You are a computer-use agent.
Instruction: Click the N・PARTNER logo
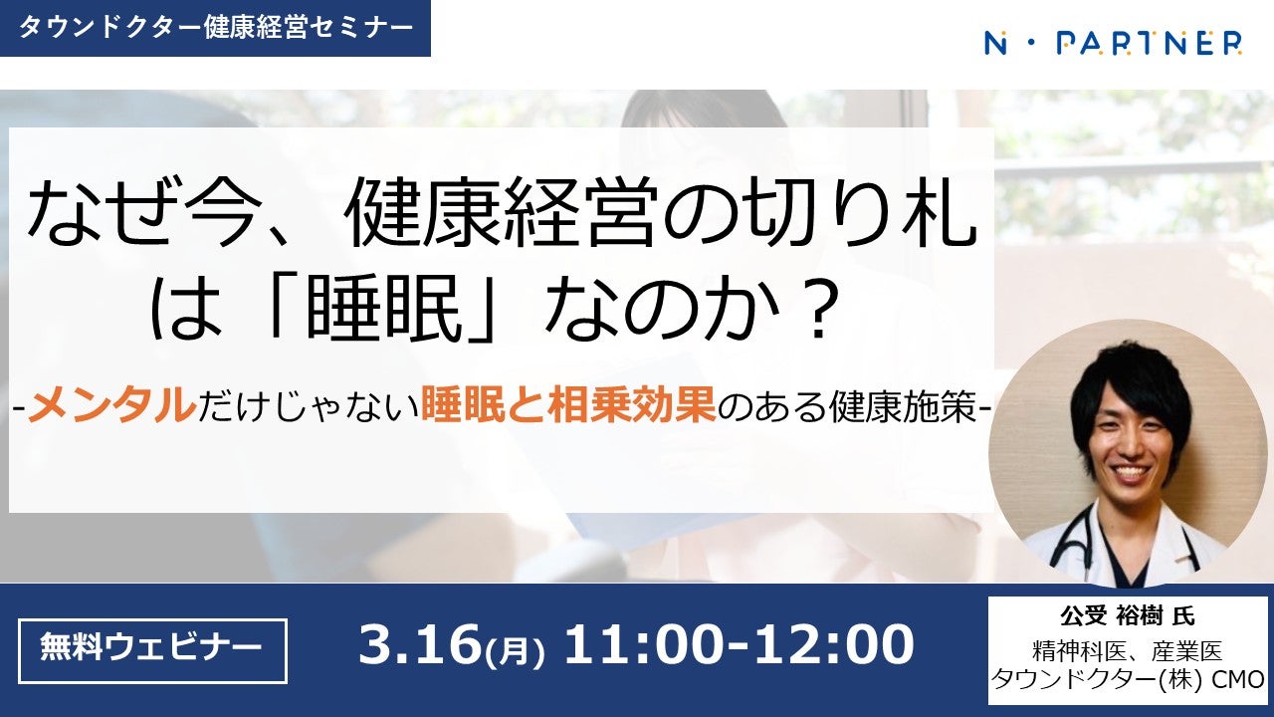(x=1113, y=43)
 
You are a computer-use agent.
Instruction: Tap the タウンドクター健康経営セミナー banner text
(x=216, y=28)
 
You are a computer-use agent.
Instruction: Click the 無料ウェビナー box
(x=152, y=651)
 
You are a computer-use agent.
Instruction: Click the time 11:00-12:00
(x=739, y=644)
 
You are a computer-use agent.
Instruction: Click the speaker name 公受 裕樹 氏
(x=1128, y=615)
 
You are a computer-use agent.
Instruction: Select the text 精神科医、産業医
(x=1128, y=651)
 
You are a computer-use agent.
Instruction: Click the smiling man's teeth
(x=1130, y=472)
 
